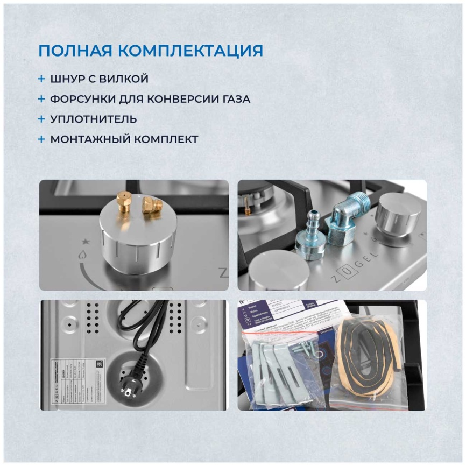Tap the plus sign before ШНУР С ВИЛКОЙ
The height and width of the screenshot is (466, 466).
(41, 79)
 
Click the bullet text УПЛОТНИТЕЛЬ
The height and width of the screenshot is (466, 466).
(93, 119)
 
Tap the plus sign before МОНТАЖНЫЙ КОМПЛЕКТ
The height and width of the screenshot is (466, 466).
(41, 139)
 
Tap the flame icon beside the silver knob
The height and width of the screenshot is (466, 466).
(82, 256)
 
